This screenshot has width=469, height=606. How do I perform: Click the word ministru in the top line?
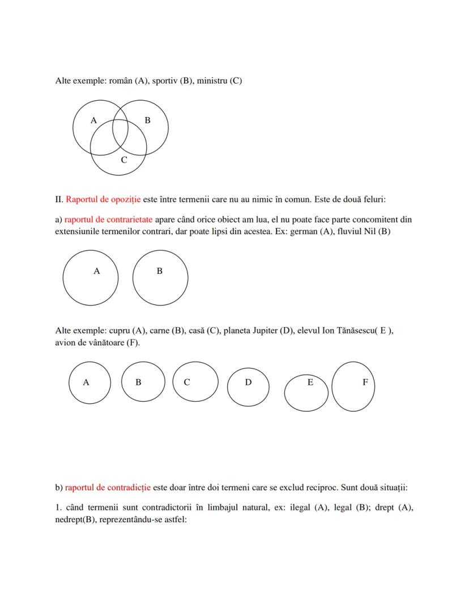[x=212, y=80]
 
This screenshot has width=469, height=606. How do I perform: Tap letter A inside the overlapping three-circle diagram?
[x=93, y=120]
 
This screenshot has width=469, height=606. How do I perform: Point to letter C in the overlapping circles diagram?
[x=124, y=160]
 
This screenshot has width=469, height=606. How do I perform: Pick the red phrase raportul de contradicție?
[x=108, y=487]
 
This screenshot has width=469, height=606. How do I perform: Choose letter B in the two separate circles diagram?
[x=160, y=271]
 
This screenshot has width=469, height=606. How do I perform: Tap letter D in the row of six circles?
[x=248, y=382]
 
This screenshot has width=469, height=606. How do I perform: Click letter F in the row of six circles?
[x=365, y=382]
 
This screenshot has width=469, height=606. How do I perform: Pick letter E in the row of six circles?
[x=310, y=382]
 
